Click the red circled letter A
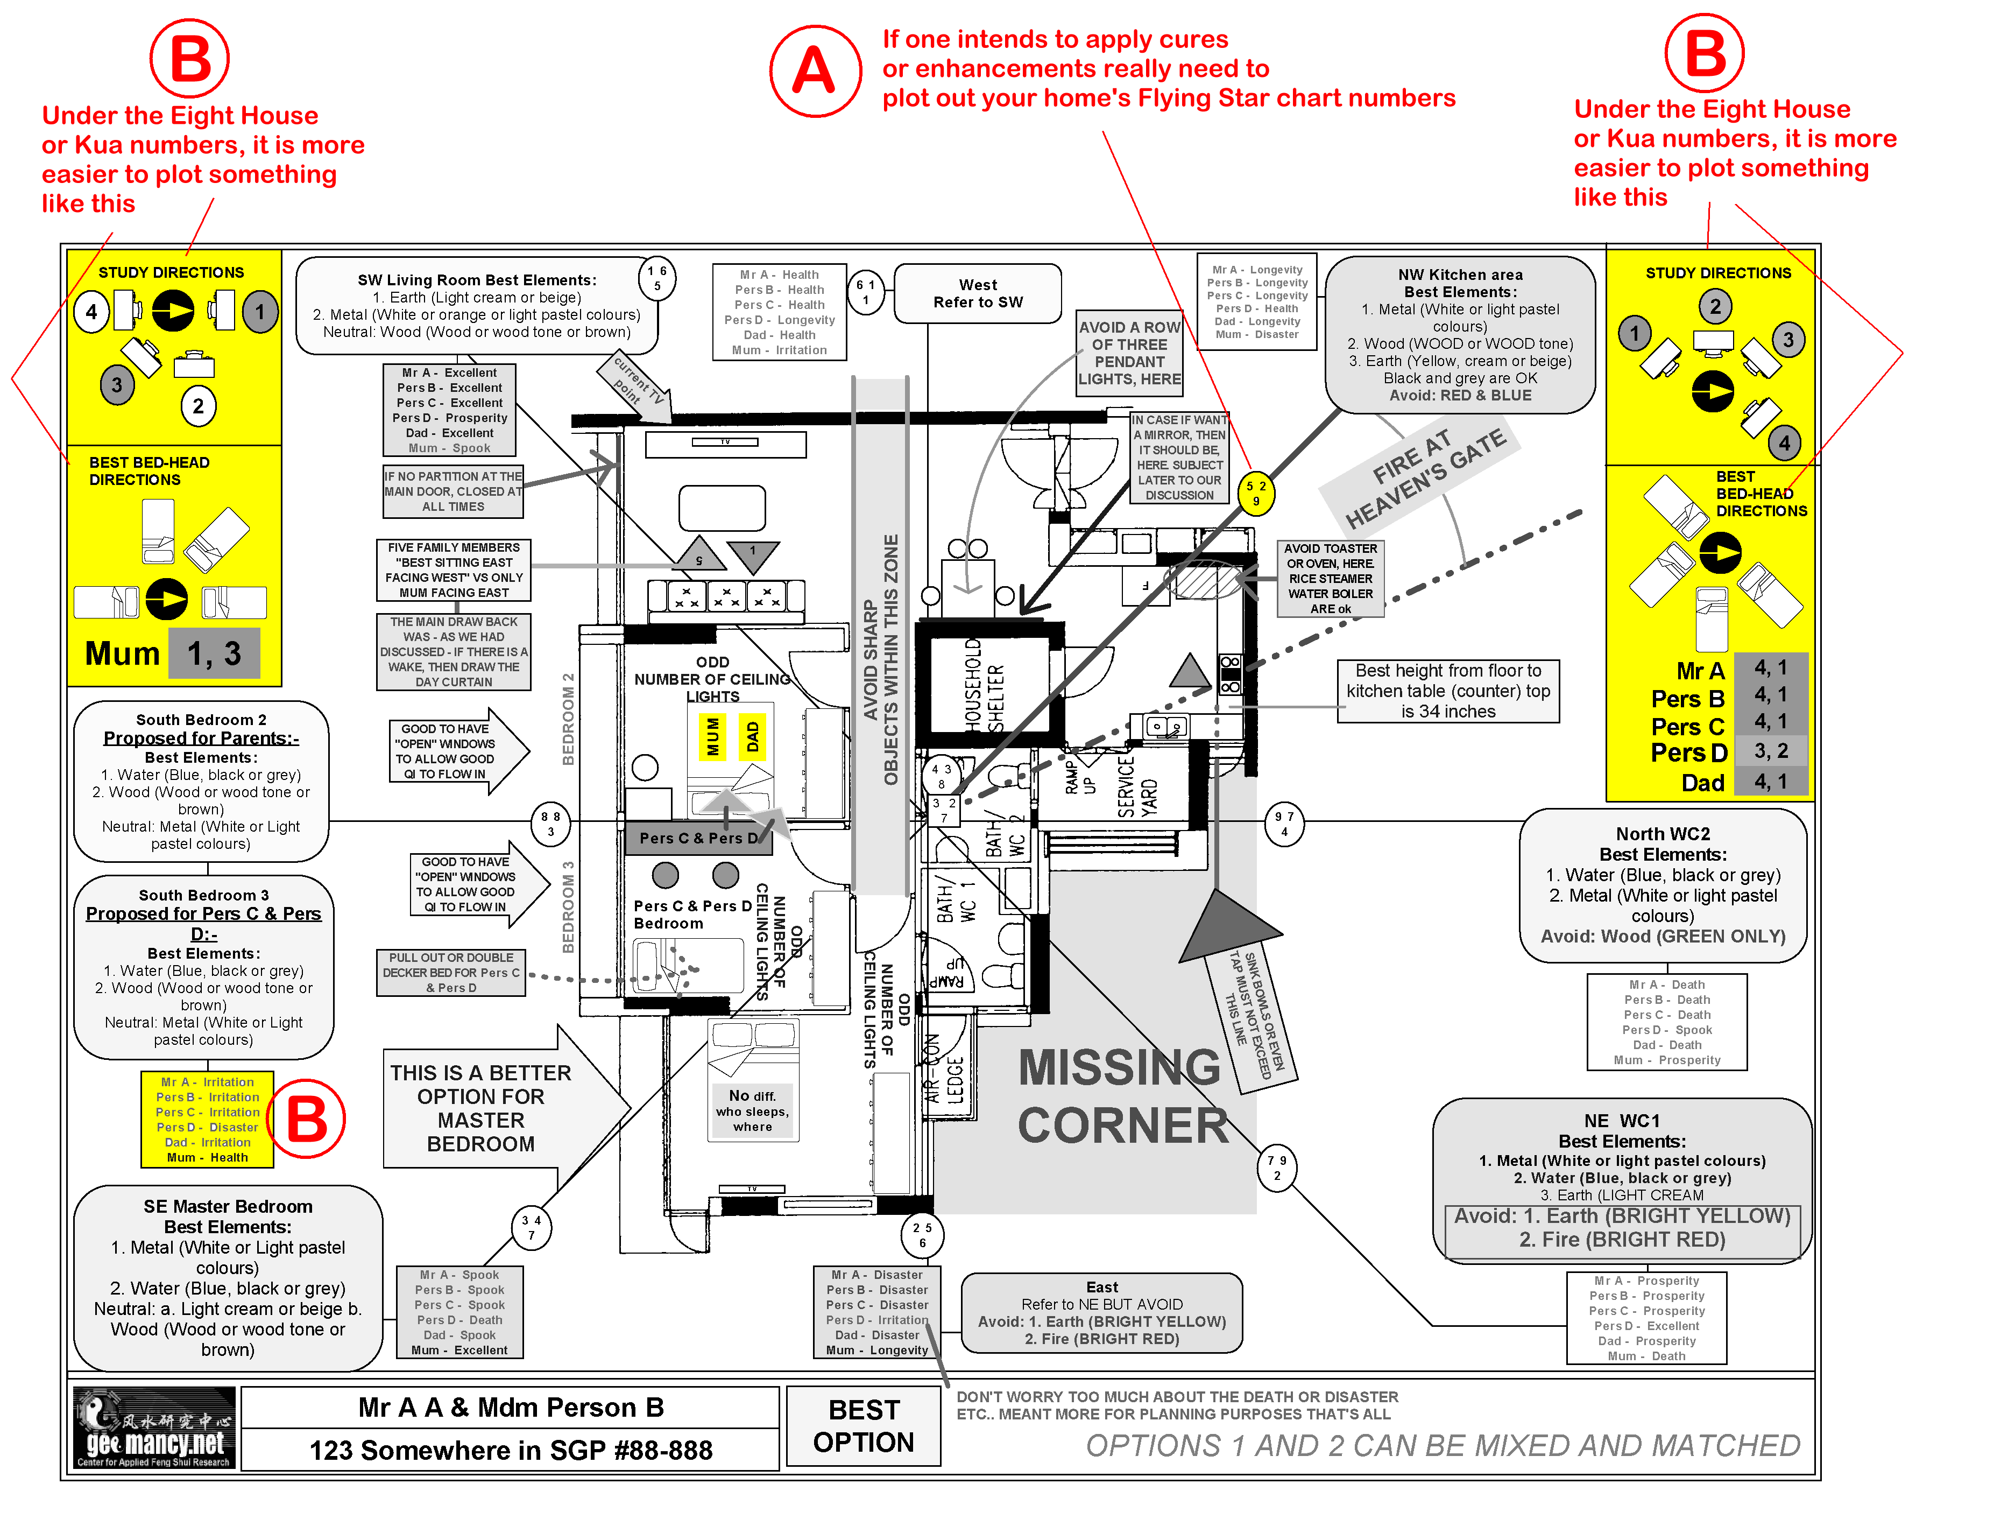pos(815,71)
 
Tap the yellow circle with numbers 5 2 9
pos(1256,494)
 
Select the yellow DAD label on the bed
pos(752,736)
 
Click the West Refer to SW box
pos(978,293)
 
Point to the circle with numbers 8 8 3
pos(550,824)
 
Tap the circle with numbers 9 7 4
pos(1284,824)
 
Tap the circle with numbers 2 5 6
pos(922,1234)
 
